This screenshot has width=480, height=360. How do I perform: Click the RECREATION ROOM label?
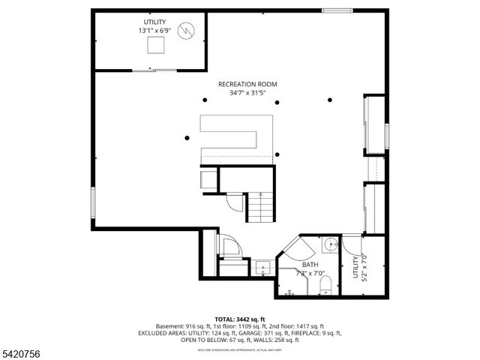247,84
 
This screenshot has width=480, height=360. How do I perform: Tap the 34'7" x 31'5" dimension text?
247,94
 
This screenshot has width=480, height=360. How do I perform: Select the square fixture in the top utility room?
156,46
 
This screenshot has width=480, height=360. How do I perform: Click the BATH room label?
310,265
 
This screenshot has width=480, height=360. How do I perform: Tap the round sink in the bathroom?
330,245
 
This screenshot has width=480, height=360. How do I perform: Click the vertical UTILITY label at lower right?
355,268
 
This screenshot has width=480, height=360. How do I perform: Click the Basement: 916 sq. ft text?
179,326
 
